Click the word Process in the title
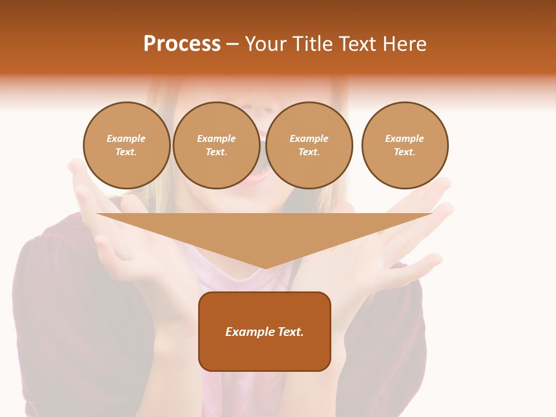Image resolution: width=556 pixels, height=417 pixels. [182, 44]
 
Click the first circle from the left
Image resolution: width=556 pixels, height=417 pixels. [127, 145]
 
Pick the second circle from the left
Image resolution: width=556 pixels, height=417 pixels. [217, 145]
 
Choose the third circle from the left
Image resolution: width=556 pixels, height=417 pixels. [309, 145]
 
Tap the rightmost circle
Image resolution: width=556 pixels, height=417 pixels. [405, 145]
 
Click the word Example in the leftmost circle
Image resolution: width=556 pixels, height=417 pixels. [126, 138]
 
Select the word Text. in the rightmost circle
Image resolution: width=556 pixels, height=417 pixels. [405, 152]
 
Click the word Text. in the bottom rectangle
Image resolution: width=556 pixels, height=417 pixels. [289, 332]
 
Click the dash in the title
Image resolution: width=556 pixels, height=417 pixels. [233, 45]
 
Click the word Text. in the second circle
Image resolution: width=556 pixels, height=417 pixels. [217, 152]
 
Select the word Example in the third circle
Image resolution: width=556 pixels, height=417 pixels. [309, 138]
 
